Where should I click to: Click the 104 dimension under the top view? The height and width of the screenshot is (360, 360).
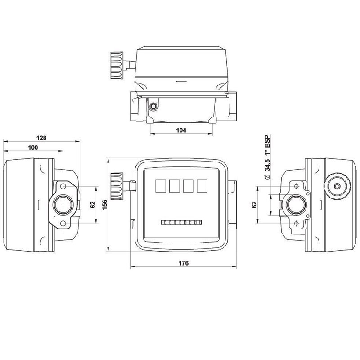click(x=180, y=130)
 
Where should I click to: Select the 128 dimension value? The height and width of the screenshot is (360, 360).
click(x=41, y=138)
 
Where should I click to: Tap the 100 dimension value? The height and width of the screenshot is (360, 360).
click(x=33, y=148)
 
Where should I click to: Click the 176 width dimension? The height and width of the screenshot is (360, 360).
click(x=183, y=262)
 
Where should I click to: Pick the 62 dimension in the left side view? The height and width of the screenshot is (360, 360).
click(x=93, y=205)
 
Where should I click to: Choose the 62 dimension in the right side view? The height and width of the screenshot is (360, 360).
click(x=255, y=205)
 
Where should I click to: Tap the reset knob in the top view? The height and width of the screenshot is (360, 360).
click(x=117, y=66)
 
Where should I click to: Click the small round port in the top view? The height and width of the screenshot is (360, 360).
click(x=154, y=107)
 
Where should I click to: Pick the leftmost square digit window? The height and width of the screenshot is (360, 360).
click(x=160, y=186)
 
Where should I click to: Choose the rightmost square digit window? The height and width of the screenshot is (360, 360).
click(x=202, y=186)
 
